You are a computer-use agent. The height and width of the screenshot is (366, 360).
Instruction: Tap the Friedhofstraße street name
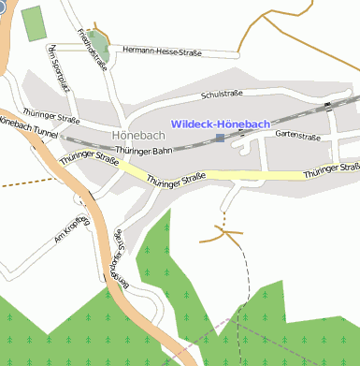tap(93, 43)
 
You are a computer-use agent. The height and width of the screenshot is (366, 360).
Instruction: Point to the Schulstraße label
tap(223, 95)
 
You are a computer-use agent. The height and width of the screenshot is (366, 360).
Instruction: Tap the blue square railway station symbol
tap(220, 139)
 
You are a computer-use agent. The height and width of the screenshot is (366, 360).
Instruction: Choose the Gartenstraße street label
tap(297, 135)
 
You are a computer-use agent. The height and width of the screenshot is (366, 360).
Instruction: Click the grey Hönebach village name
tap(137, 135)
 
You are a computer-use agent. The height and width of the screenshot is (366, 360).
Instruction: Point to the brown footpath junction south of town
tap(223, 227)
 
